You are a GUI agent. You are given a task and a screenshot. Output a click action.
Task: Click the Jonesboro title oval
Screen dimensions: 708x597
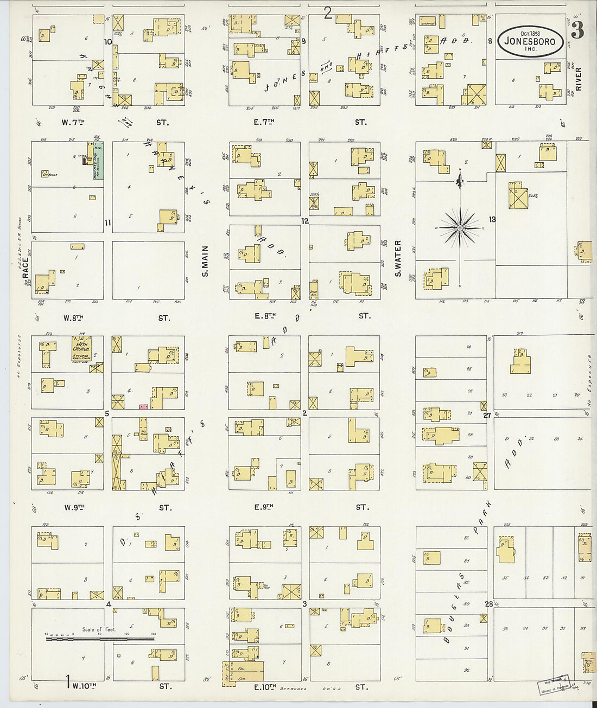[x=530, y=40]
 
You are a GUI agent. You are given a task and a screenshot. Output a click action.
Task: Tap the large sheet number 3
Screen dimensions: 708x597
[x=577, y=31]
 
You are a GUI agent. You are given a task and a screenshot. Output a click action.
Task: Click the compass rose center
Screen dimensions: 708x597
[x=460, y=228]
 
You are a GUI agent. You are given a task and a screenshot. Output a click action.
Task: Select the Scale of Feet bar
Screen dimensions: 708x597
[x=100, y=639]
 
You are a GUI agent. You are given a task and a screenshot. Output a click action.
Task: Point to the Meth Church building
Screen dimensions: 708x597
[x=81, y=346]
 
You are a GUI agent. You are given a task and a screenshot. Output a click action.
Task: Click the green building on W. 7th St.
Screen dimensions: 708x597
[x=98, y=161]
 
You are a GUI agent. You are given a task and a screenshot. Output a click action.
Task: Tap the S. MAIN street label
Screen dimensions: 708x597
[x=205, y=261]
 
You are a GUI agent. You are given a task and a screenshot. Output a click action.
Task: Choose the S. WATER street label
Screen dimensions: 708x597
[x=398, y=258]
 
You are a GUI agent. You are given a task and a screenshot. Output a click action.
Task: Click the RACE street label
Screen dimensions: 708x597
[x=26, y=269]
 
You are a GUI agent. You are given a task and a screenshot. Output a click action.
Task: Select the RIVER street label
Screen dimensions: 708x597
[x=578, y=79]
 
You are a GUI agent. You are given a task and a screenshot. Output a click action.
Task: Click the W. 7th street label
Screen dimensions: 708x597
[x=73, y=123]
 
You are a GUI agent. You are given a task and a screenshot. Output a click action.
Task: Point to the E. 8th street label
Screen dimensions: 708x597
[x=265, y=316]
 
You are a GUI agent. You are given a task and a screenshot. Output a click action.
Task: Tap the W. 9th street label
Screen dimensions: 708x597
[x=75, y=508]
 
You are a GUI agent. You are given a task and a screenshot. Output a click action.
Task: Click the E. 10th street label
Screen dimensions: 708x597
[x=265, y=687]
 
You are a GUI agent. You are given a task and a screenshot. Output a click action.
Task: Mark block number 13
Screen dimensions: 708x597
[x=492, y=219]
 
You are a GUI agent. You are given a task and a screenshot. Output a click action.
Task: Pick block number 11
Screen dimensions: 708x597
[x=107, y=222]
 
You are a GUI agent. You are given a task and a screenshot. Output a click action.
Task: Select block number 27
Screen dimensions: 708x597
[x=487, y=415]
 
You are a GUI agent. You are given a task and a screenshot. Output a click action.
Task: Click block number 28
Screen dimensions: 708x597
[x=488, y=604]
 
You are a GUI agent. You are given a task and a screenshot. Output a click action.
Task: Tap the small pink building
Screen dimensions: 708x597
[x=144, y=406]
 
